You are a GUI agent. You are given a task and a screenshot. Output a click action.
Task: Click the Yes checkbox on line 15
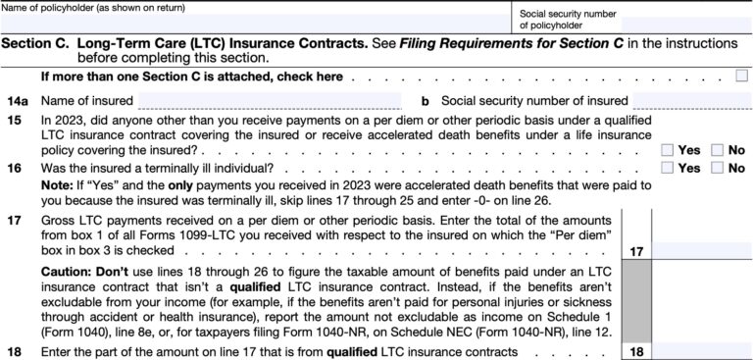(667, 150)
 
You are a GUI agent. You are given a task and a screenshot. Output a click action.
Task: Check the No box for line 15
(717, 150)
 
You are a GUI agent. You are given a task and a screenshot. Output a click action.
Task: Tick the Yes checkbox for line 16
(667, 168)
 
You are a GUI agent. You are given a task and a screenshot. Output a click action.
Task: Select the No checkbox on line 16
(717, 168)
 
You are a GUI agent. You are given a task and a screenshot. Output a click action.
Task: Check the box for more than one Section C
(740, 77)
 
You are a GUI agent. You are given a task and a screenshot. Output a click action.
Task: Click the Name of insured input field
(269, 99)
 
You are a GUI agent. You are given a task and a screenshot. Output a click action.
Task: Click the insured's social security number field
(690, 99)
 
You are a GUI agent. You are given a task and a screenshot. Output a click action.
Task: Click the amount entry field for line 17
(700, 251)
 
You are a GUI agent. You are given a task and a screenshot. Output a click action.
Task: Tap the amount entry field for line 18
(700, 350)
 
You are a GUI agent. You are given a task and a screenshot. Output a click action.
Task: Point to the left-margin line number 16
(14, 169)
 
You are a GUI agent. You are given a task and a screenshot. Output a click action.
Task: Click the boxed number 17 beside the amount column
(636, 252)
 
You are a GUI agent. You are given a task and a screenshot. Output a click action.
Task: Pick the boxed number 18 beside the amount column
(636, 350)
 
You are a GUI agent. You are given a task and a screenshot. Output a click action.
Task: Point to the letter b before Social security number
(426, 100)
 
